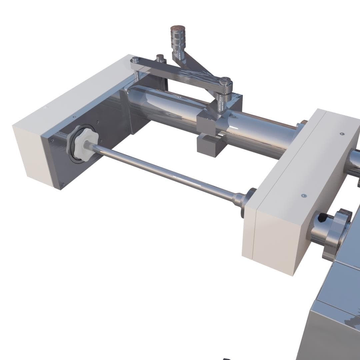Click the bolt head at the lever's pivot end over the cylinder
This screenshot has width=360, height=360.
tap(225, 81)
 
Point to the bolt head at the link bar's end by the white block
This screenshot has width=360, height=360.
tap(135, 60)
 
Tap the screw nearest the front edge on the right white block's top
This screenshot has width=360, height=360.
tap(303, 196)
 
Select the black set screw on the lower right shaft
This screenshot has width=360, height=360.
tap(322, 218)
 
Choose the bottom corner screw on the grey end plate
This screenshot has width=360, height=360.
tap(62, 184)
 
